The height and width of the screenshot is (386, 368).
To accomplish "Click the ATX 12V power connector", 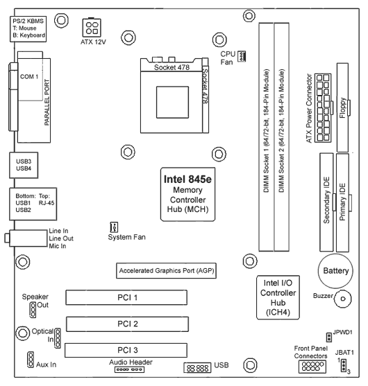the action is [x=92, y=28].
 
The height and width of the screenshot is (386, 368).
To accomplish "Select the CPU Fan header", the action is [x=242, y=56].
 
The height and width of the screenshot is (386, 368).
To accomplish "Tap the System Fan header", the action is [x=114, y=227].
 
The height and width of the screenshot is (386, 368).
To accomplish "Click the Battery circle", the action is [x=335, y=271].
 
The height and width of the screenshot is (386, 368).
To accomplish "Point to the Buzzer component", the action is [x=342, y=299].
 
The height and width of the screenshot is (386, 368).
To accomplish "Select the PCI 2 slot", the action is [x=127, y=324].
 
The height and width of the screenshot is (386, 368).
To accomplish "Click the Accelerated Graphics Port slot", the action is [x=166, y=271].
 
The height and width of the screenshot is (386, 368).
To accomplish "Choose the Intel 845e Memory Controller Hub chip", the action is [x=187, y=194].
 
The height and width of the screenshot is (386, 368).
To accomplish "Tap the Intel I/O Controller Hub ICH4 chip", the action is [x=278, y=297].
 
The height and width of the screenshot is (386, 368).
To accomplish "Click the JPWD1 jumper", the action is [x=329, y=337].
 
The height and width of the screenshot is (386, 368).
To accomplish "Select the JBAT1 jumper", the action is [x=343, y=365].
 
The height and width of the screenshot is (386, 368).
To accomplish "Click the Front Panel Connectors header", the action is [x=312, y=367].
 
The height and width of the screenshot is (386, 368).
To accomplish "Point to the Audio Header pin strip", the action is [x=129, y=369].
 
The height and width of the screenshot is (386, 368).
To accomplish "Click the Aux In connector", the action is [x=31, y=360].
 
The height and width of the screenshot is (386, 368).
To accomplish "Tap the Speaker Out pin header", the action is [x=33, y=310].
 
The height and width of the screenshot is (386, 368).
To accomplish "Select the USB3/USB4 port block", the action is [x=24, y=165].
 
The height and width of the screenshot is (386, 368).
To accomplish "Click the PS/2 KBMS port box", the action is [x=28, y=29].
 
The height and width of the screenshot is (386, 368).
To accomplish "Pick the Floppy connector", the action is [x=342, y=107].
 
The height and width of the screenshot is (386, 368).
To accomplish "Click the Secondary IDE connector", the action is [x=326, y=202].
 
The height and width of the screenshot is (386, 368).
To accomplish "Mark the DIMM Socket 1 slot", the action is [x=267, y=137].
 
